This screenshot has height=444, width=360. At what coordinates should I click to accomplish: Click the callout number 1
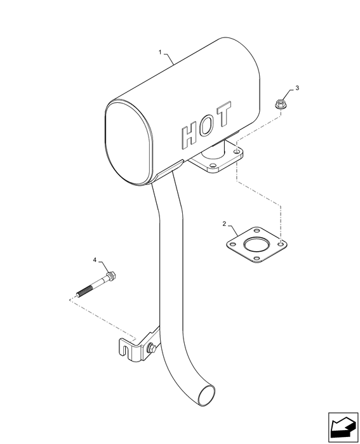(x=160, y=53)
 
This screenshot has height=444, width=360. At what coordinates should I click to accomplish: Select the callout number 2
(x=224, y=224)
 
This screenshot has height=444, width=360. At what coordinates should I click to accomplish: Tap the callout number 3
(x=297, y=88)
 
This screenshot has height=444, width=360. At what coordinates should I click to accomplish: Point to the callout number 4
(x=95, y=259)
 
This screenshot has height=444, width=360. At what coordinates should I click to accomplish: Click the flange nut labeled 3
(x=279, y=103)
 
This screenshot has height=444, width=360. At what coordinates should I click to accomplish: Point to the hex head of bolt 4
(x=111, y=275)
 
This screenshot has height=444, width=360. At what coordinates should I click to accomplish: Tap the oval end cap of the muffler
(x=130, y=143)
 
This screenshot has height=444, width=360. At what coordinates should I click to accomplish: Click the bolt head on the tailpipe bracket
(x=151, y=348)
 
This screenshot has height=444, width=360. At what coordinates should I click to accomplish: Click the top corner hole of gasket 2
(x=257, y=230)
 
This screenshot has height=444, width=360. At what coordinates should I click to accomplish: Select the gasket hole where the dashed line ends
(x=281, y=243)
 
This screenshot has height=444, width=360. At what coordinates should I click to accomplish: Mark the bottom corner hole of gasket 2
(x=257, y=258)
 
